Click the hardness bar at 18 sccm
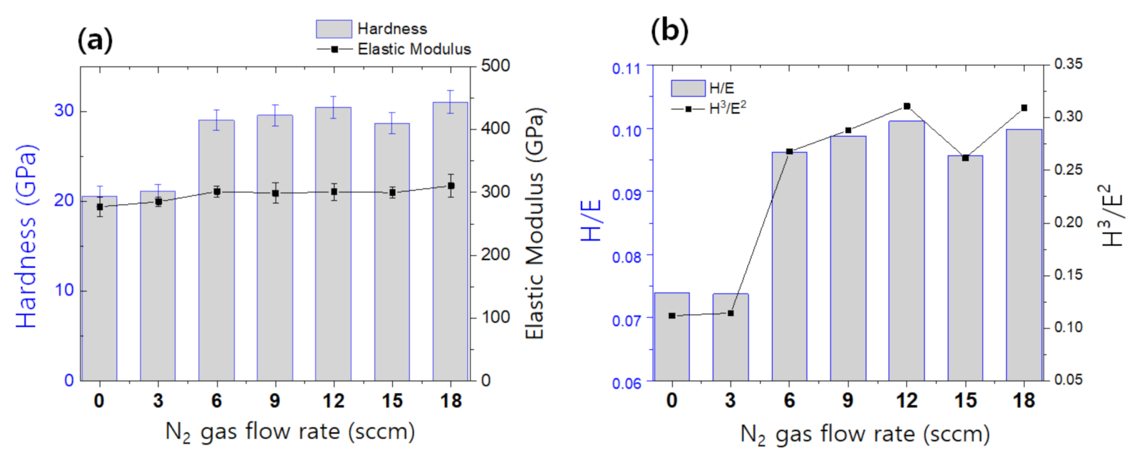451,241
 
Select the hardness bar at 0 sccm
100,289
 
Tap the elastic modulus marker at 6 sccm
217,192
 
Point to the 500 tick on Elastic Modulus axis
495,65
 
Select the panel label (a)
95,40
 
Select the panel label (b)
669,30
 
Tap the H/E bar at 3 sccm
730,337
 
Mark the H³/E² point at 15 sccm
965,158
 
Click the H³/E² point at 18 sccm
1024,108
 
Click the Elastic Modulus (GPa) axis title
534,224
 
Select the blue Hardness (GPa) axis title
27,236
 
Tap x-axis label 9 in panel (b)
848,401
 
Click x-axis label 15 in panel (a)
392,401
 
